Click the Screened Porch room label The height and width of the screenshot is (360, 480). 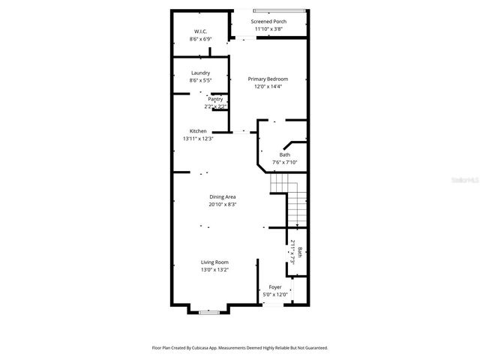point(268,22)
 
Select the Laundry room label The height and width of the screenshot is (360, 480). point(200,73)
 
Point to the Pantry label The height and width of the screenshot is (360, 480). point(215,99)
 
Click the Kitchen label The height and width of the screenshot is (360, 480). point(198,131)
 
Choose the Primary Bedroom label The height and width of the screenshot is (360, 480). point(268,79)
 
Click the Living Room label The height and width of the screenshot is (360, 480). point(214,262)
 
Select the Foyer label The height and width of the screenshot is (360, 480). point(275,287)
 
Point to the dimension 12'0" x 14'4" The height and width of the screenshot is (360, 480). point(268,87)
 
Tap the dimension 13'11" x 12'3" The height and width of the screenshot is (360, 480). point(198,139)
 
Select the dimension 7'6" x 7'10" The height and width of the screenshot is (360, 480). point(285,162)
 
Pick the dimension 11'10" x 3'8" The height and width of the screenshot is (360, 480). point(268,29)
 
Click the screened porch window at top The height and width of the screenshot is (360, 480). point(279,10)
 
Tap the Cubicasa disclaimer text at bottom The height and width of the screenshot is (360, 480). point(240,348)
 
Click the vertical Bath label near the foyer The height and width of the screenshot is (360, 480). point(299,253)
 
